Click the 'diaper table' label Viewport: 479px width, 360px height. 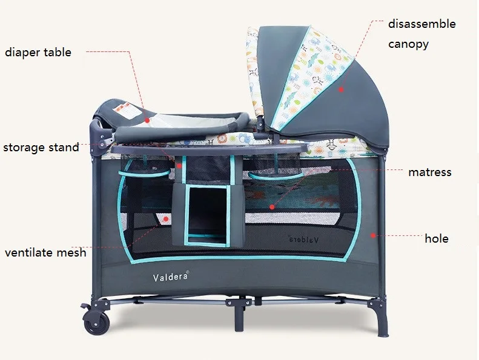[x=38, y=53]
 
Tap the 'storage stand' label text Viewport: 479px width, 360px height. [x=41, y=148]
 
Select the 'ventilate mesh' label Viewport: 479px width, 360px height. [x=45, y=252]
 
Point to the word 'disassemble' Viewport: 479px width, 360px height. [x=422, y=24]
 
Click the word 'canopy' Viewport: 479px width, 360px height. [x=408, y=44]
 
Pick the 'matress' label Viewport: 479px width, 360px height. [x=430, y=172]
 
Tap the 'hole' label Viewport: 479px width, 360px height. [x=437, y=238]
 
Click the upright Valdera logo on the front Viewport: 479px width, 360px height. [x=171, y=277]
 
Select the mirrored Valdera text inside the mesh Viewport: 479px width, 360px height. [x=303, y=240]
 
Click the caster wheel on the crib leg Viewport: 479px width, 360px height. [x=96, y=322]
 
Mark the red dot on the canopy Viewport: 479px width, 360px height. [x=341, y=90]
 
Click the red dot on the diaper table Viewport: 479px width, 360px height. [x=147, y=120]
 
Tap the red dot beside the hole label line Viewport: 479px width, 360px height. [x=373, y=235]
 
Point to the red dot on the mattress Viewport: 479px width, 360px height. [x=272, y=207]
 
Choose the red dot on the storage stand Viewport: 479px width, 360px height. [x=179, y=166]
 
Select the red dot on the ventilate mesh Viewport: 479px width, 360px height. [x=166, y=219]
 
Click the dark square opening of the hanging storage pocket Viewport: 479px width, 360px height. [x=207, y=211]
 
